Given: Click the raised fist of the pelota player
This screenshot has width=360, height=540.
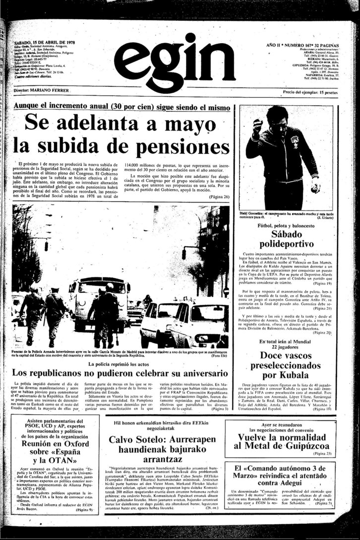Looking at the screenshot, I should pos(257,129).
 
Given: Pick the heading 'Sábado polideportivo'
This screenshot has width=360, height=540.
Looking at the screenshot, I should pos(290,243).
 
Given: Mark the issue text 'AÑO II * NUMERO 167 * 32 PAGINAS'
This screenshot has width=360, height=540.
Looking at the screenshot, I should pos(307,32).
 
